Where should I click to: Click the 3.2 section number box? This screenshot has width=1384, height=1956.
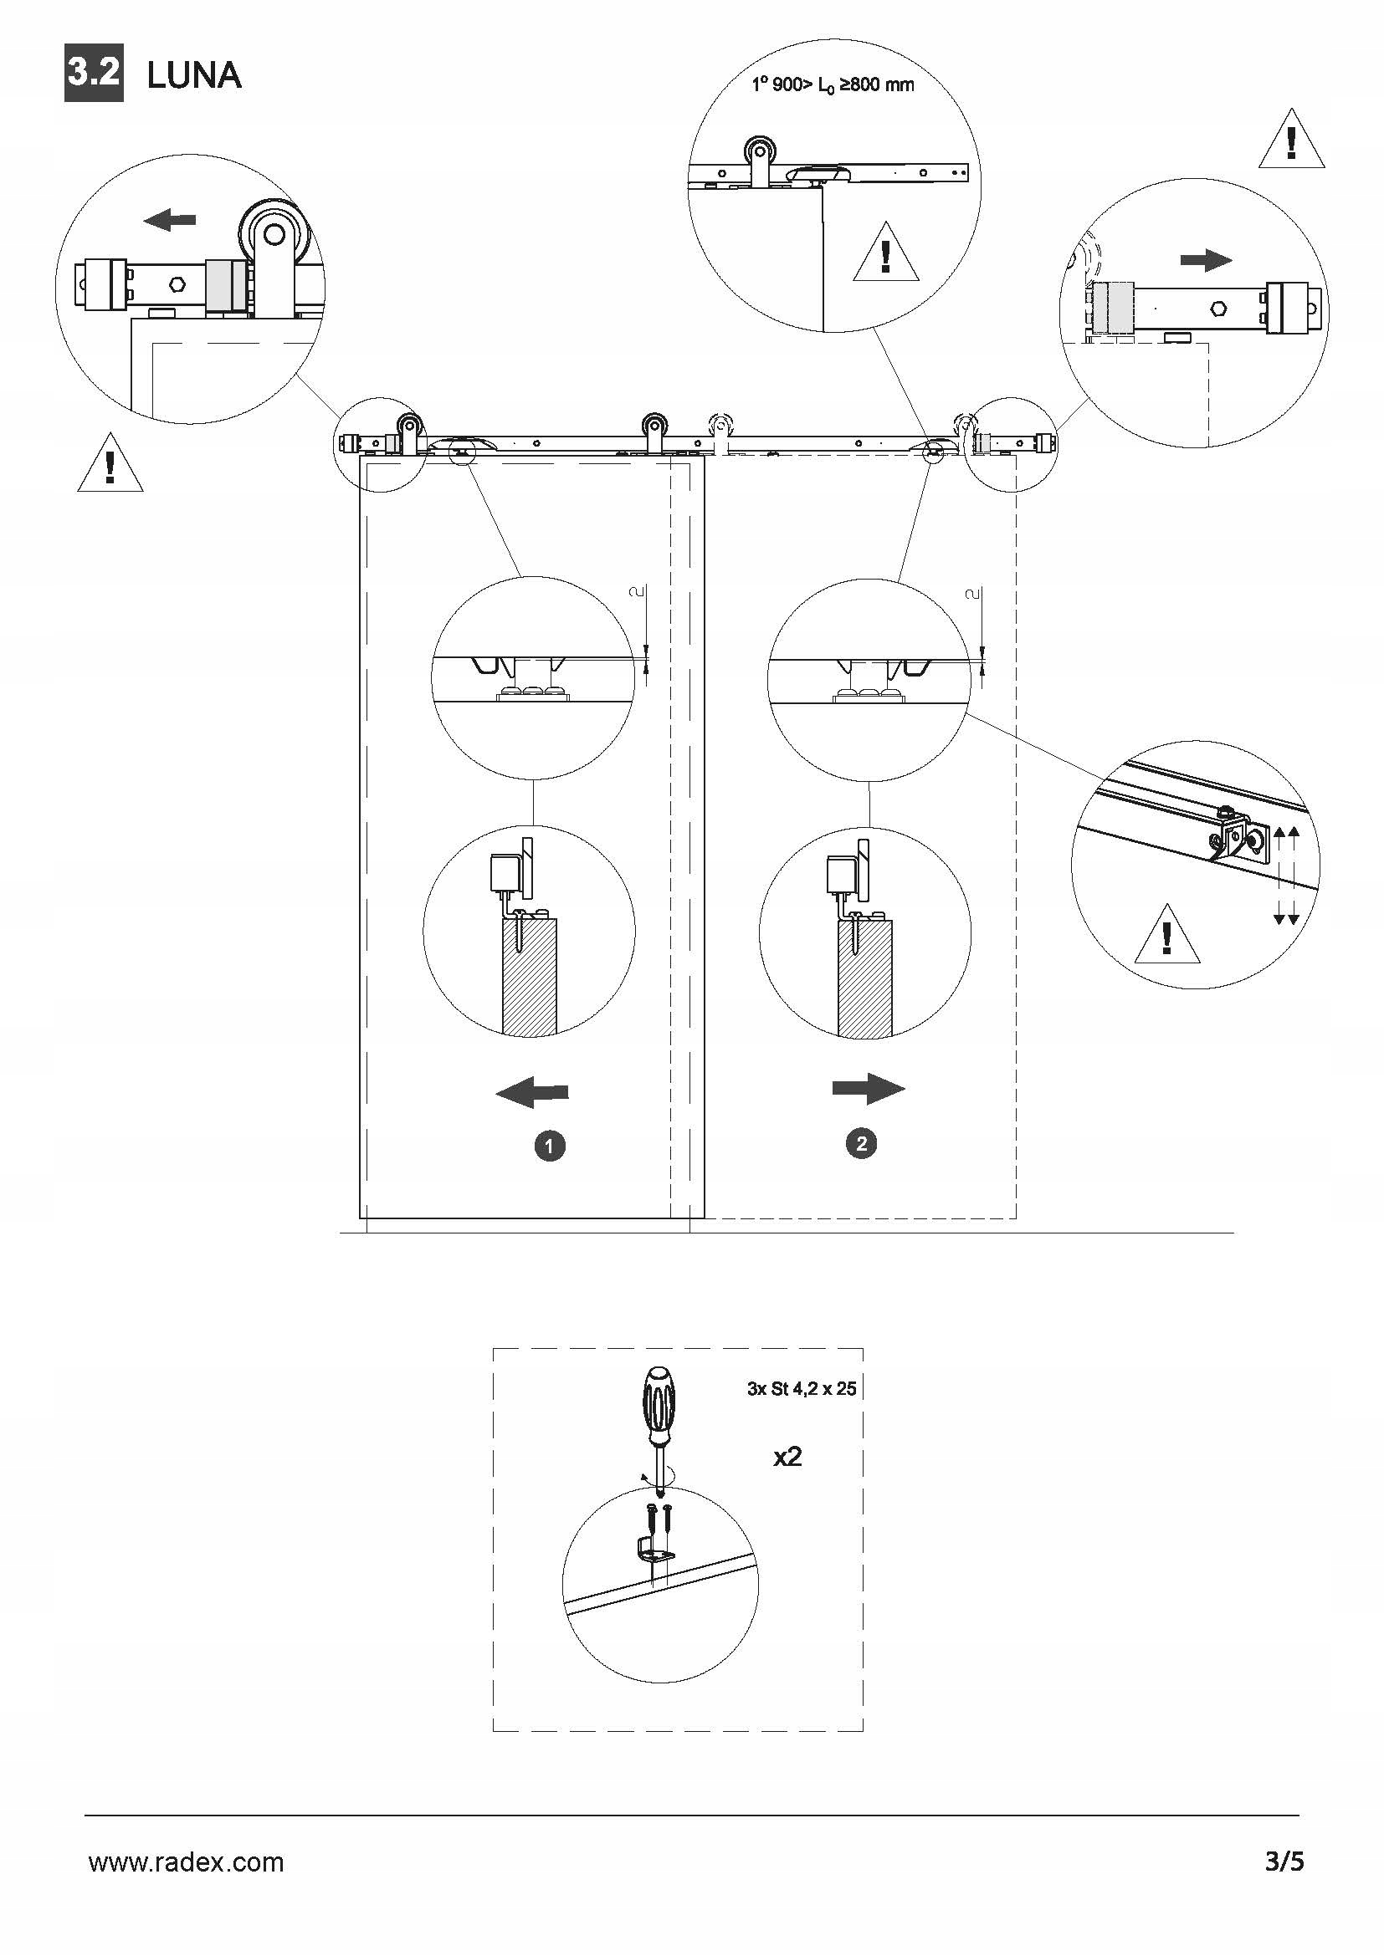pyautogui.click(x=94, y=74)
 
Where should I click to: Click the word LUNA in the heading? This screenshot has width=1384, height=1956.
pyautogui.click(x=194, y=76)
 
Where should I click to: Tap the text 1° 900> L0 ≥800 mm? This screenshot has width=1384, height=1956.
pyautogui.click(x=833, y=84)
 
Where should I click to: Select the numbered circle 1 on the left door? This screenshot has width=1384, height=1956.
pyautogui.click(x=550, y=1146)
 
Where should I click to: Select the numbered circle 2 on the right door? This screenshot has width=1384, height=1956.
pyautogui.click(x=862, y=1143)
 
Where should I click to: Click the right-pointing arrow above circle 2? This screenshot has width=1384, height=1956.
pyautogui.click(x=869, y=1088)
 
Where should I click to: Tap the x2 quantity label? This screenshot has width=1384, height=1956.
pyautogui.click(x=787, y=1457)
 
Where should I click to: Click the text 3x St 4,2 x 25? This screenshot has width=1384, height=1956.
pyautogui.click(x=801, y=1389)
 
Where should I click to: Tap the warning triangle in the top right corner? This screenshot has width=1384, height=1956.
pyautogui.click(x=1291, y=141)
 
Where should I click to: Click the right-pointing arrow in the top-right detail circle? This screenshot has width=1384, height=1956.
pyautogui.click(x=1206, y=260)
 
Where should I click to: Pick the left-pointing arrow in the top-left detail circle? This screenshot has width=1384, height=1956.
pyautogui.click(x=170, y=221)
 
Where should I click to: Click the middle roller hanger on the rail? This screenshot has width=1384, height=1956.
pyautogui.click(x=654, y=430)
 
